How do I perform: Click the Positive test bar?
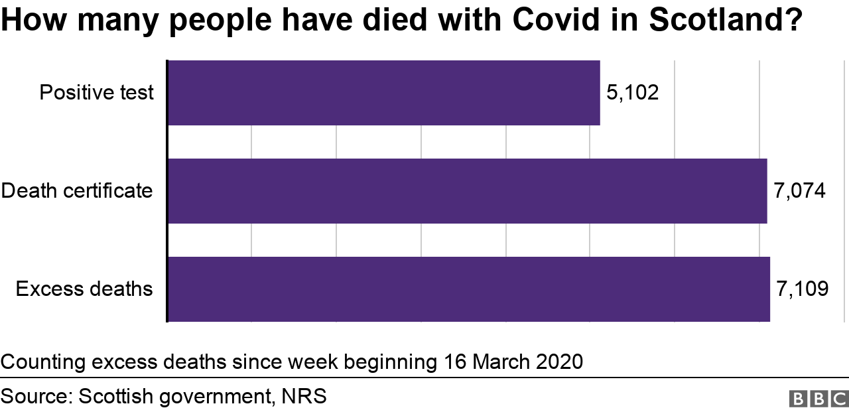[383, 93]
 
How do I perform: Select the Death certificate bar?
[467, 191]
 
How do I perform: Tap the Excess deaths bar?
[468, 289]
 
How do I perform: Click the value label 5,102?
[633, 93]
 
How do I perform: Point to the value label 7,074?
[799, 191]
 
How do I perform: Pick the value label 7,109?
[802, 289]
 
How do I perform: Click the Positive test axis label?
[96, 93]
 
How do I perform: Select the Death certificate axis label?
[77, 191]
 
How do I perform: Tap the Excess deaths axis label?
[84, 289]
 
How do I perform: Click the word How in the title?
[33, 22]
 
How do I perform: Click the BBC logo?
[818, 398]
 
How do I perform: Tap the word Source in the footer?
[35, 397]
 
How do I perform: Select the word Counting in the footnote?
[43, 362]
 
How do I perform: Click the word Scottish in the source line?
[117, 397]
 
